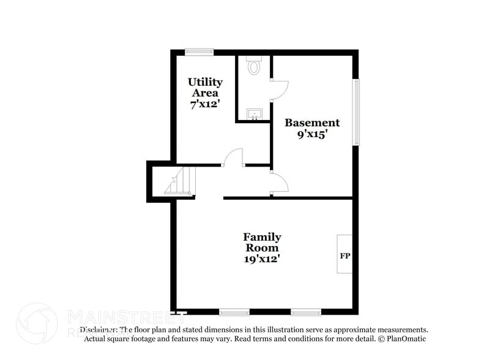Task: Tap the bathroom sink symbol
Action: pyautogui.click(x=254, y=114)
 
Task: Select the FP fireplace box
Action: pyautogui.click(x=344, y=254)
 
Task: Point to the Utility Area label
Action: pyautogui.click(x=205, y=87)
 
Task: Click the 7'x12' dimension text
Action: pyautogui.click(x=205, y=104)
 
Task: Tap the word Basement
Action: pyautogui.click(x=312, y=122)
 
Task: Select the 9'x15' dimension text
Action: pyautogui.click(x=312, y=135)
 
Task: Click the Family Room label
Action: pyautogui.click(x=262, y=242)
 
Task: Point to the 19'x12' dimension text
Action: pyautogui.click(x=262, y=259)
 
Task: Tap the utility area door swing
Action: pyautogui.click(x=233, y=158)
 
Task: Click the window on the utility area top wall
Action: pyautogui.click(x=199, y=52)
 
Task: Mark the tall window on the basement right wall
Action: pyautogui.click(x=356, y=112)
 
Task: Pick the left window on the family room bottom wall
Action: pyautogui.click(x=234, y=312)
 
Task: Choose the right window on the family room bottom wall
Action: pyautogui.click(x=306, y=312)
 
